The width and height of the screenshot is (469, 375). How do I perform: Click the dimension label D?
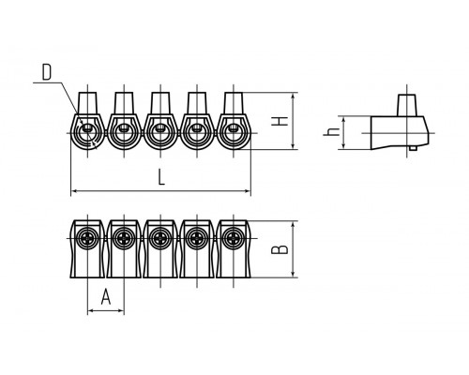click(x=47, y=72)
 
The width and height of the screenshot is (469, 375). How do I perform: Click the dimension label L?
click(x=161, y=177)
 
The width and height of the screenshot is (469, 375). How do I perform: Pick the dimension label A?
click(x=106, y=296)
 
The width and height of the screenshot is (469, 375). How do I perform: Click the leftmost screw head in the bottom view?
click(x=87, y=239)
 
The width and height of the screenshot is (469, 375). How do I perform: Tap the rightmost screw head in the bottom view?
click(x=234, y=239)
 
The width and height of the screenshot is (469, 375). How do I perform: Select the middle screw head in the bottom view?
click(x=160, y=239)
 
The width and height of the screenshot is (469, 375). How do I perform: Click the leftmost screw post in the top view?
click(x=87, y=103)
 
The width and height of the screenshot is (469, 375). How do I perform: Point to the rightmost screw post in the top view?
click(x=234, y=103)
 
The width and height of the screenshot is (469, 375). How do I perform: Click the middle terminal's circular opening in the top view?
click(x=160, y=133)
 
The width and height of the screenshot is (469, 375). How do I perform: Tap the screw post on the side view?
click(x=407, y=105)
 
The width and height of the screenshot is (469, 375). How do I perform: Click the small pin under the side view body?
click(x=414, y=148)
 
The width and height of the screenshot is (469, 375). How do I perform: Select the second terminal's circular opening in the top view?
click(x=124, y=133)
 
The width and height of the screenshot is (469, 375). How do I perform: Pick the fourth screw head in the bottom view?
click(x=197, y=239)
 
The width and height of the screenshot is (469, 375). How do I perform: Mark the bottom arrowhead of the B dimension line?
click(x=293, y=274)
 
